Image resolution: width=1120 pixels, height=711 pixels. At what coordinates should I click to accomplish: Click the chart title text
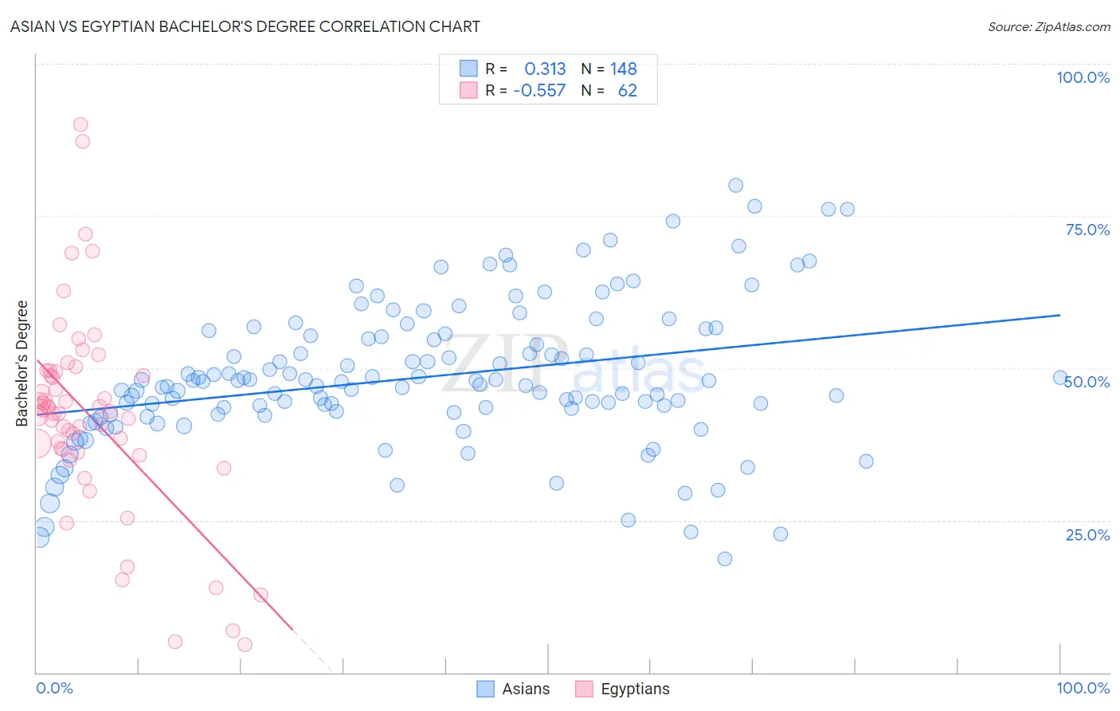pos(245,26)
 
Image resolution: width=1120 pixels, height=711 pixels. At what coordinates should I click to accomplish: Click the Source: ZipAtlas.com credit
pos(1048,26)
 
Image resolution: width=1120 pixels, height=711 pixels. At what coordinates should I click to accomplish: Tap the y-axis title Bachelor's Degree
pos(22,363)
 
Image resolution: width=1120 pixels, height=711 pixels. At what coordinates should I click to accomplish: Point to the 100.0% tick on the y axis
pos(1083,77)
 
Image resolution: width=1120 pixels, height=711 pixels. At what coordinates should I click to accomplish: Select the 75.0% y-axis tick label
pos(1087,230)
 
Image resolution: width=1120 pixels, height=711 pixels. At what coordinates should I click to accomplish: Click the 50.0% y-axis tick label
pos(1087,382)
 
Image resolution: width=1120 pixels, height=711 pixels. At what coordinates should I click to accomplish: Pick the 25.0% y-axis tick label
pos(1087,534)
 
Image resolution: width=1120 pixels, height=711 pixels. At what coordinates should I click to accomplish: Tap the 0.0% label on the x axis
pos(54,688)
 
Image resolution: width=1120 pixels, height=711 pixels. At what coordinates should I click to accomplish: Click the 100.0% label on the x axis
pos(1083,688)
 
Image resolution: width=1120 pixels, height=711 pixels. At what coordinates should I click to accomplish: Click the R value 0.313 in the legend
pos(545,69)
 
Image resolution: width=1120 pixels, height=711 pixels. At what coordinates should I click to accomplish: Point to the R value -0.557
pos(539,91)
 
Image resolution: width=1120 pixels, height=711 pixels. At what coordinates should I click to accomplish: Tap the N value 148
pos(624,69)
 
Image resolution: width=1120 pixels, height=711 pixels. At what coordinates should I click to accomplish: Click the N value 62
pos(628,91)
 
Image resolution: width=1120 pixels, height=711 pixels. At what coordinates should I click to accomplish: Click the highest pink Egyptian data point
pos(80,124)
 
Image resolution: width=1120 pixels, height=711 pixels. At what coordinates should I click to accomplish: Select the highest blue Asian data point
pos(736,186)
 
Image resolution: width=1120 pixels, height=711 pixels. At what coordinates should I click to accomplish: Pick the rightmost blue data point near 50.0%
pos(1060,378)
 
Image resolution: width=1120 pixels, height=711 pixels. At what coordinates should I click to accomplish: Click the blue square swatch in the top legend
pos(468,69)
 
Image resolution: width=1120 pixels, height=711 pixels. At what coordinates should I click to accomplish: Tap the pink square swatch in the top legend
pos(468,90)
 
